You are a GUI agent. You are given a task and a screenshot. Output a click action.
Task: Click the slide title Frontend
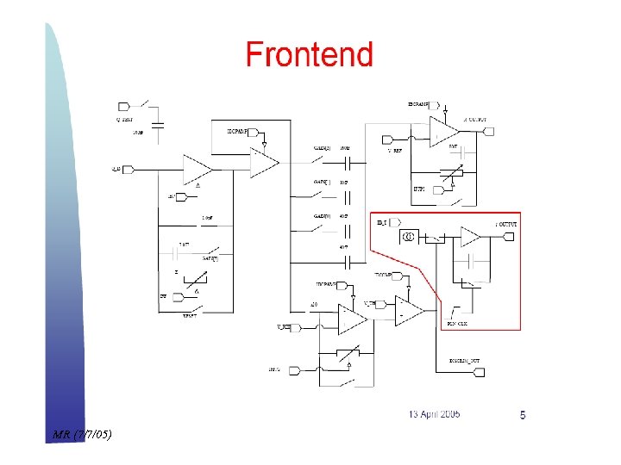(309, 55)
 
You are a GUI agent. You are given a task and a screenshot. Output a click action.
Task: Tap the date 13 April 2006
(435, 414)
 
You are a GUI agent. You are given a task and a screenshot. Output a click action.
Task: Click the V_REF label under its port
(395, 151)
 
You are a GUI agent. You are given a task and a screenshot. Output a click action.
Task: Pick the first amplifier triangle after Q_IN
(197, 169)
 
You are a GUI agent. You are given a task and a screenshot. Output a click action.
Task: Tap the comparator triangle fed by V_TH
(408, 311)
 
